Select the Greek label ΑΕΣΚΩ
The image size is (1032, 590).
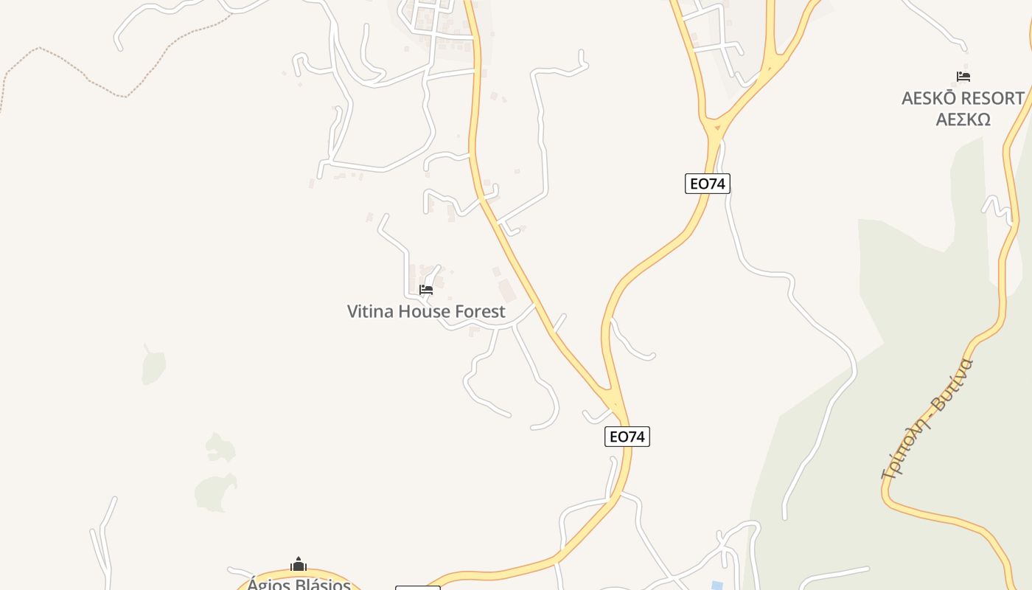(x=963, y=119)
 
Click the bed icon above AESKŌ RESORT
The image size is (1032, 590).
(x=963, y=77)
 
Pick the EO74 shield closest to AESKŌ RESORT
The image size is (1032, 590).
(x=707, y=184)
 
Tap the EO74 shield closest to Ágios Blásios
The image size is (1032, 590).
(x=627, y=437)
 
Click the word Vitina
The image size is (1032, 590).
(x=370, y=311)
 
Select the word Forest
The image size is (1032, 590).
(x=480, y=311)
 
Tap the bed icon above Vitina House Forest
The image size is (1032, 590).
(x=426, y=290)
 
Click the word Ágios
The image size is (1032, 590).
(x=266, y=584)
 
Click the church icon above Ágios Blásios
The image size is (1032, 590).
(x=299, y=565)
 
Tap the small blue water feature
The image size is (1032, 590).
(x=717, y=586)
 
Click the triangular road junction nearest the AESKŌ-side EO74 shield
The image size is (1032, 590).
(x=714, y=128)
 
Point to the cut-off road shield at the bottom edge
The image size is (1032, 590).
(x=417, y=588)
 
